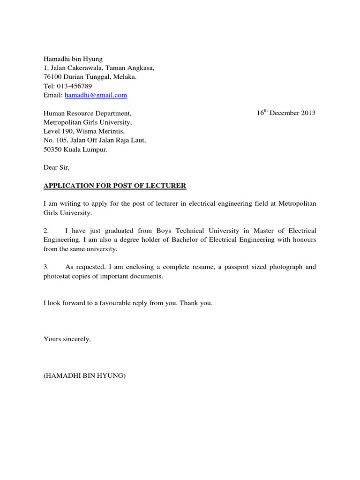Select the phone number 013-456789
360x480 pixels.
pyautogui.click(x=74, y=86)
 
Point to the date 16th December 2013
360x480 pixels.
pyautogui.click(x=286, y=113)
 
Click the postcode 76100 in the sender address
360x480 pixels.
pyautogui.click(x=52, y=77)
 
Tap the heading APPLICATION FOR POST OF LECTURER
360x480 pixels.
pyautogui.click(x=115, y=186)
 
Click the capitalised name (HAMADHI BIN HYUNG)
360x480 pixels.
pyautogui.click(x=84, y=375)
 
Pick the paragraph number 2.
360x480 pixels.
pyautogui.click(x=46, y=231)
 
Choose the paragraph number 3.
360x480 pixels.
pyautogui.click(x=46, y=267)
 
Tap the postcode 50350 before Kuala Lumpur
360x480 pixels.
pyautogui.click(x=52, y=150)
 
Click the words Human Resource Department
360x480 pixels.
pyautogui.click(x=87, y=113)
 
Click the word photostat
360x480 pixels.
pyautogui.click(x=57, y=276)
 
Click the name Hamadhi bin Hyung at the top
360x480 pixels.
pyautogui.click(x=73, y=59)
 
